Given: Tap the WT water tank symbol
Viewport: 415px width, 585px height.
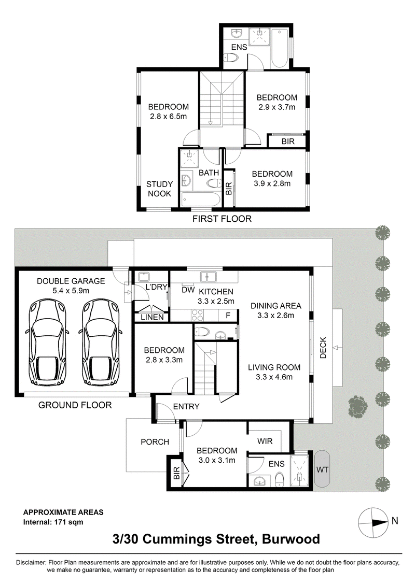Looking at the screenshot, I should tap(322, 469).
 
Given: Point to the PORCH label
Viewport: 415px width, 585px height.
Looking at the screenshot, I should tap(155, 442).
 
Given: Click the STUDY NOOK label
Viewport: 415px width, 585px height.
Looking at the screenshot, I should tap(159, 189).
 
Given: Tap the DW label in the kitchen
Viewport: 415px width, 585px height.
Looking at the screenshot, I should tap(188, 291).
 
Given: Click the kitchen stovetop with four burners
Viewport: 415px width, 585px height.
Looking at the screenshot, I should tap(198, 314).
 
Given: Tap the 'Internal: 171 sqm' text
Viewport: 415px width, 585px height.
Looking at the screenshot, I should tap(53, 522).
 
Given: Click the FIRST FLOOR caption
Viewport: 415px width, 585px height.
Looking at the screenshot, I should tap(222, 219).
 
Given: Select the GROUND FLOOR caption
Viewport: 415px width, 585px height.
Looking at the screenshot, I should tap(75, 405).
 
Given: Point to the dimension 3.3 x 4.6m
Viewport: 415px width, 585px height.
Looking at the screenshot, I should tap(274, 377).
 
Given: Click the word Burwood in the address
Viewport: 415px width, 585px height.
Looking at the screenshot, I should tap(290, 539).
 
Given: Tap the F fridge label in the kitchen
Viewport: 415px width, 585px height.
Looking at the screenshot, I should tap(227, 315).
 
